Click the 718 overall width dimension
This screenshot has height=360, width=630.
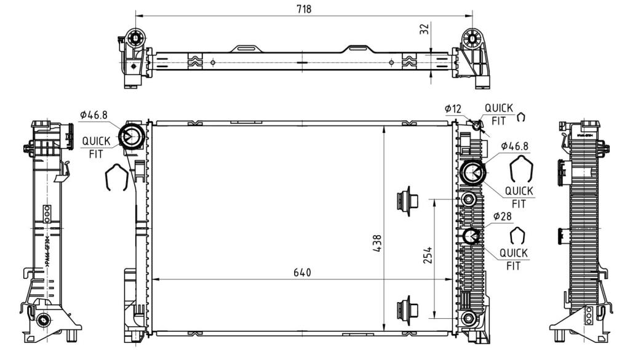[304, 9]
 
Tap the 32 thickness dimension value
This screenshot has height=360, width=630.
[424, 29]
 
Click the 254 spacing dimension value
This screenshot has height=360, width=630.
[428, 255]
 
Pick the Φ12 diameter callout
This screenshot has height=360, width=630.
[453, 109]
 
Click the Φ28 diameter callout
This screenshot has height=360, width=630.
[501, 216]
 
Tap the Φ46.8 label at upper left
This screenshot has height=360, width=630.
[93, 114]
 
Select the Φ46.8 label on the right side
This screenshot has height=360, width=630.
[515, 146]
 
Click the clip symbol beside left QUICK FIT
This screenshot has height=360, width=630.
[117, 178]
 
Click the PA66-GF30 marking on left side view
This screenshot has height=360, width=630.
[48, 252]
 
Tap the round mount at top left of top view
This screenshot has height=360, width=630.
[135, 39]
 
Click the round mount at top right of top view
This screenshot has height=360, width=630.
[472, 38]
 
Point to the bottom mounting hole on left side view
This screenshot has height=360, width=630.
[43, 319]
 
